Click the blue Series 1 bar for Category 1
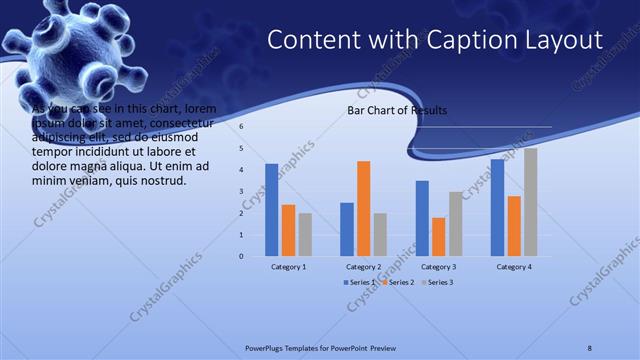coord(272,210)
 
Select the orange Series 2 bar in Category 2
coord(363,208)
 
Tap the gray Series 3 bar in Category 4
coord(530,202)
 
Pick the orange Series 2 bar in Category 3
coord(438,237)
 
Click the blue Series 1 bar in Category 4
coord(497,207)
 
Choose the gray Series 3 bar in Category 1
coord(305,234)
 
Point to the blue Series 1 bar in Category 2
coord(347,229)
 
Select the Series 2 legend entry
coord(397,283)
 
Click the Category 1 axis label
coord(288,267)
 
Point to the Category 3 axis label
coord(438,267)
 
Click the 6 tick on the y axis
coord(242,127)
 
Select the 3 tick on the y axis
coord(242,192)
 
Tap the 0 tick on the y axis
coord(242,256)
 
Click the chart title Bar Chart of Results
coord(397,110)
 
